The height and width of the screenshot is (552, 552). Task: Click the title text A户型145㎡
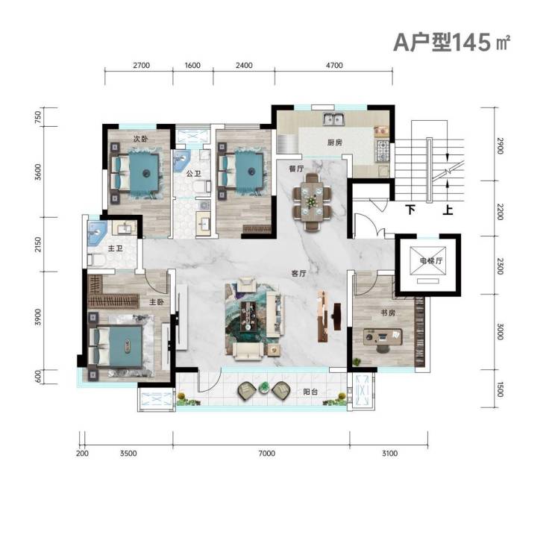click(451, 43)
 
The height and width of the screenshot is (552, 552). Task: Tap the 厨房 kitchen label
click(334, 142)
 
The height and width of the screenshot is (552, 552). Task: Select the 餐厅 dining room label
click(296, 169)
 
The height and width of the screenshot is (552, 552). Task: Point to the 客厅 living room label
click(298, 273)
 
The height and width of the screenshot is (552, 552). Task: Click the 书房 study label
click(388, 313)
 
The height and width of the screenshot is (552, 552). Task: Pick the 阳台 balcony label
click(310, 392)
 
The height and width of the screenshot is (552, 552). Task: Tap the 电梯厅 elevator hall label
click(431, 261)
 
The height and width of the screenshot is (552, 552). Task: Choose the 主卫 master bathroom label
click(115, 248)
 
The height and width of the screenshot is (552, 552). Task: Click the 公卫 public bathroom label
click(193, 174)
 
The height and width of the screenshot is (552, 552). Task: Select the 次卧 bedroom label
click(140, 139)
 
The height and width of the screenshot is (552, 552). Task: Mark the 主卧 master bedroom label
click(157, 301)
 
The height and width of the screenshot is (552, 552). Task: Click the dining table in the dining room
click(312, 202)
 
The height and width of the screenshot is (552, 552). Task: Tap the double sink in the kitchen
click(333, 119)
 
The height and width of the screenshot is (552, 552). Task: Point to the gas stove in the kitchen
click(383, 151)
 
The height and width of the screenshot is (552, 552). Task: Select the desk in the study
click(383, 336)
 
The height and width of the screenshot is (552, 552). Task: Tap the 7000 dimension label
click(266, 453)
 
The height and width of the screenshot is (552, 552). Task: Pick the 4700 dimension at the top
click(334, 65)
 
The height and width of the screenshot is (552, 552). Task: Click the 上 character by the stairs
click(448, 210)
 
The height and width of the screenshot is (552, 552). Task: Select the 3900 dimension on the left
click(38, 317)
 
